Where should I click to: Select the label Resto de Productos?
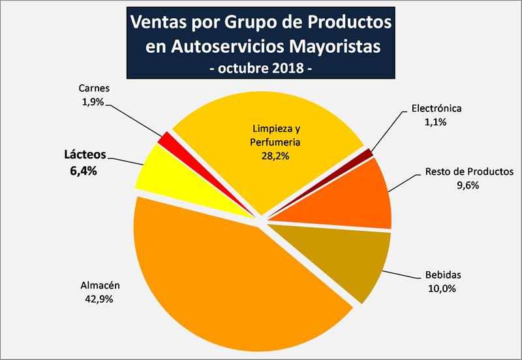[x=461, y=172]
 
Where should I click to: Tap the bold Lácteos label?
[x=85, y=156]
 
